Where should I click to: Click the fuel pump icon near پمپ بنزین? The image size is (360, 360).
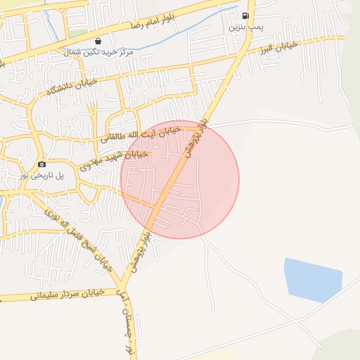point(245,15)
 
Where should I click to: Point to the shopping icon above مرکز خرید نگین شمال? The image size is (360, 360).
point(97,41)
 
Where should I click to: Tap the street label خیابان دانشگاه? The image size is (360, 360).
point(70,86)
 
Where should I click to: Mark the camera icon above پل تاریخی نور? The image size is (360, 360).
point(41,164)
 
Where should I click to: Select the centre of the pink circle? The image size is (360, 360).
point(180,179)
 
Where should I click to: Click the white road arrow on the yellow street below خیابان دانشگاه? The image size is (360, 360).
point(92,109)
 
